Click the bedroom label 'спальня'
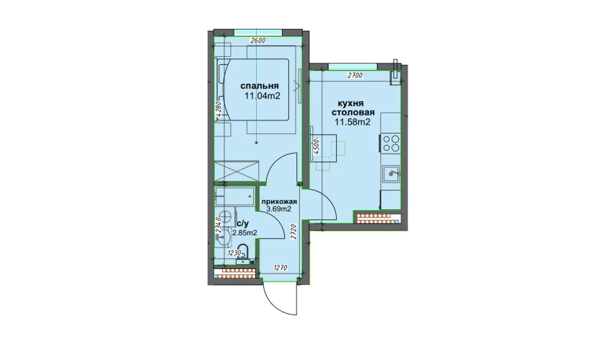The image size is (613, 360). click(x=259, y=86)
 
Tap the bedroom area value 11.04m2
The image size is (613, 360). click(x=263, y=96)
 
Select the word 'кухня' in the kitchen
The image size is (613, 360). click(x=350, y=104)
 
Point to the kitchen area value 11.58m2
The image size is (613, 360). click(x=353, y=122)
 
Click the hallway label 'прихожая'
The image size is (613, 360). click(x=279, y=202)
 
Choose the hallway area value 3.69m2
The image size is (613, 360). click(x=279, y=209)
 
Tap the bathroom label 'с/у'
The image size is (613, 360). click(x=242, y=224)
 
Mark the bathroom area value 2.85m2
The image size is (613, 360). click(x=244, y=233)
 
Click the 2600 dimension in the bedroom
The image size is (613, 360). click(x=257, y=40)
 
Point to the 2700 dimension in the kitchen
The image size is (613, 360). click(x=355, y=76)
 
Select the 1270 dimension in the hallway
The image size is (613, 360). click(x=281, y=268)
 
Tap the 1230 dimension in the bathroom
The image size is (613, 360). click(x=234, y=253)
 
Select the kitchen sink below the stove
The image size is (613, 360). click(x=392, y=174)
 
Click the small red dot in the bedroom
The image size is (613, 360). click(x=257, y=143)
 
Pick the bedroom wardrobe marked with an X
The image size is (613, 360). click(x=237, y=171)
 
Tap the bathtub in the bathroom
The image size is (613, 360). click(x=234, y=196)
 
